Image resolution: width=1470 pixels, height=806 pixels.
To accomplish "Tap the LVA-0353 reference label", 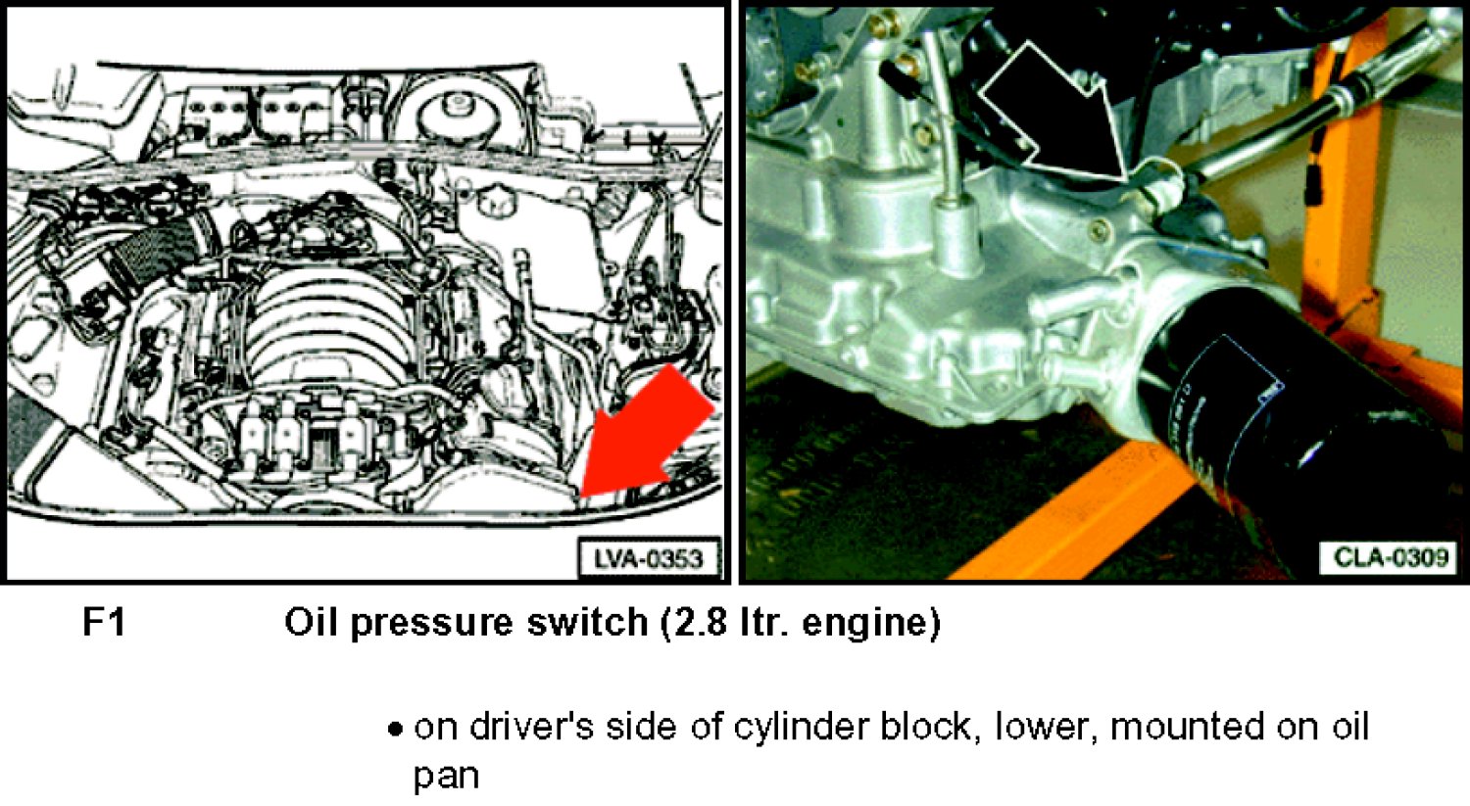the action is point(649,559).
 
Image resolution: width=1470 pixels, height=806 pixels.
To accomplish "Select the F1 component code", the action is point(104,622).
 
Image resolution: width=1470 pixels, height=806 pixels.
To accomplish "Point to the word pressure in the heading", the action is point(431,625).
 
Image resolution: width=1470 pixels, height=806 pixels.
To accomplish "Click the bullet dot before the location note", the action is point(394,729).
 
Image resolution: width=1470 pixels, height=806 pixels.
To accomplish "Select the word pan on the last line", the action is point(446,779).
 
